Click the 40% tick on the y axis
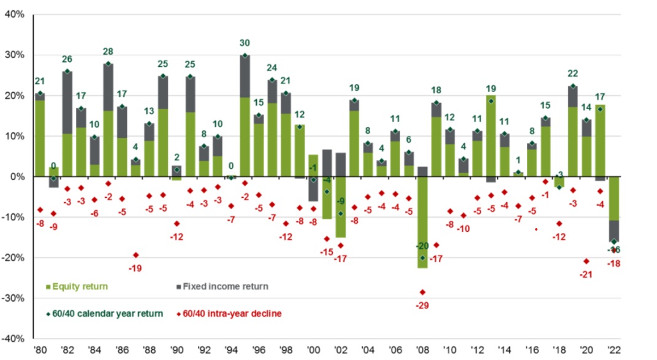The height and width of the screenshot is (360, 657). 14,15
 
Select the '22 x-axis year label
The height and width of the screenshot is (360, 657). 613,351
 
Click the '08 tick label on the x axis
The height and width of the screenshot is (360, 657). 422,351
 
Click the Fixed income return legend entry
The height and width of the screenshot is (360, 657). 218,286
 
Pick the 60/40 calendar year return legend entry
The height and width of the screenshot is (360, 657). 105,313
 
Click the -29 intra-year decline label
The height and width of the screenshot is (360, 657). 422,305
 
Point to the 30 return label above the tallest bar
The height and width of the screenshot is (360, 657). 245,44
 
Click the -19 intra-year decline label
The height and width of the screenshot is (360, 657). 135,267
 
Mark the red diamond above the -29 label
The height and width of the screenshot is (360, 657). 422,292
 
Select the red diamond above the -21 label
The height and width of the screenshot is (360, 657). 586,261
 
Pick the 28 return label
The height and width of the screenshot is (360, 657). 108,52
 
